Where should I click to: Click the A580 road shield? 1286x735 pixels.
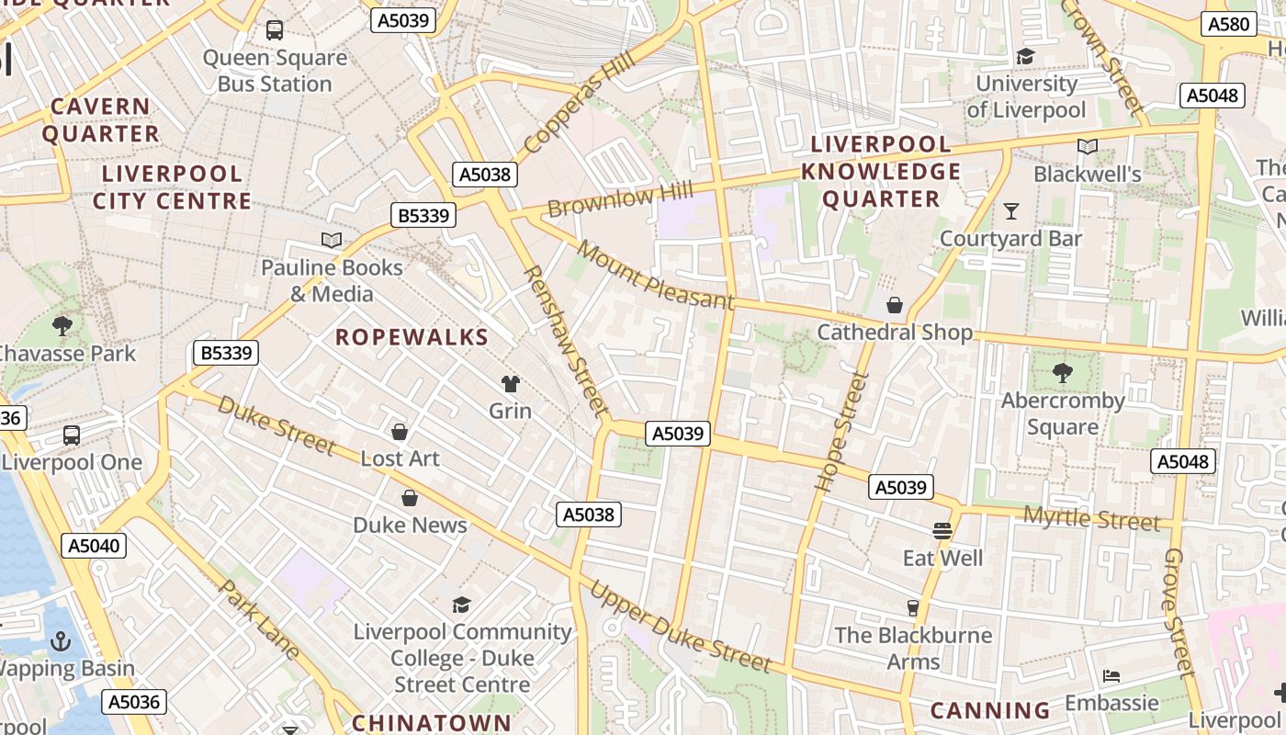coord(1229,24)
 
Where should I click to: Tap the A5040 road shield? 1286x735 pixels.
coord(95,546)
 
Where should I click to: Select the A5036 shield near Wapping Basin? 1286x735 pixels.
coord(134,702)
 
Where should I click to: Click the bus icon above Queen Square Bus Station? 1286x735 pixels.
coord(275,30)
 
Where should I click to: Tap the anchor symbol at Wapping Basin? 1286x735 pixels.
coord(61,640)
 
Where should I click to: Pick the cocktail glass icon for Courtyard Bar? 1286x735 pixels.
coord(1011,211)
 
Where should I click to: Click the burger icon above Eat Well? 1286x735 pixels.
coord(942,530)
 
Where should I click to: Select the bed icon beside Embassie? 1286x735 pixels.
coord(1111,676)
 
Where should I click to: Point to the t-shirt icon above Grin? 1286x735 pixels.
coord(510,383)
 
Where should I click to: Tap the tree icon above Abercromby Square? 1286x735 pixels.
coord(1063,372)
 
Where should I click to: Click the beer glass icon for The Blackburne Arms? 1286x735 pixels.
coord(912,607)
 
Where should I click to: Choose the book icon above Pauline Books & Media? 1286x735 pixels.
coord(332,241)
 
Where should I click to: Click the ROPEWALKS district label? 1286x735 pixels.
coord(412,337)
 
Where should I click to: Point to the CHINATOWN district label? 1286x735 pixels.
coord(431,722)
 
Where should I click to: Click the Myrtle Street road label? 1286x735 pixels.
coord(1091,518)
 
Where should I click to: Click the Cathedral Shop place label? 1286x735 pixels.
coord(894,332)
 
